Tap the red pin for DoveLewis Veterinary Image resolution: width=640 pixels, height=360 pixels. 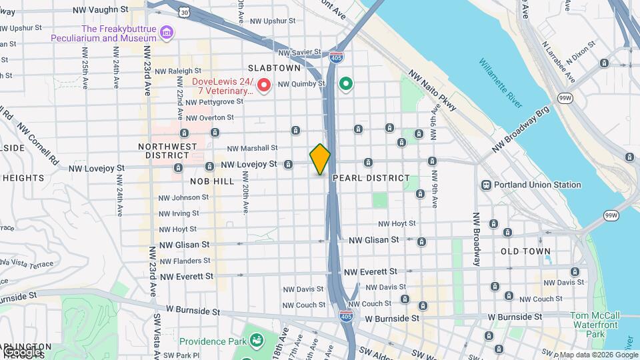click(263, 85)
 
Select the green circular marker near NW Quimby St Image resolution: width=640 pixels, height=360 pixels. click(345, 84)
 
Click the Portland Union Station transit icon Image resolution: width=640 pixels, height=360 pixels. click(487, 185)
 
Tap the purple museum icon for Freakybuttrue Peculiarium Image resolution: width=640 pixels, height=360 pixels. click(167, 33)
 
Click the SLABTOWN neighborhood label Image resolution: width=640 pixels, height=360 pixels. click(275, 68)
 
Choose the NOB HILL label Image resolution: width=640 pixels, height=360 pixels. click(194, 181)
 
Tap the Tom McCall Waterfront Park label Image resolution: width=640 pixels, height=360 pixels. click(595, 324)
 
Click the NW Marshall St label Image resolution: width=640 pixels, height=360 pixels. click(252, 148)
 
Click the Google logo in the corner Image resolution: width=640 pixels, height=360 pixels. click(21, 351)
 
